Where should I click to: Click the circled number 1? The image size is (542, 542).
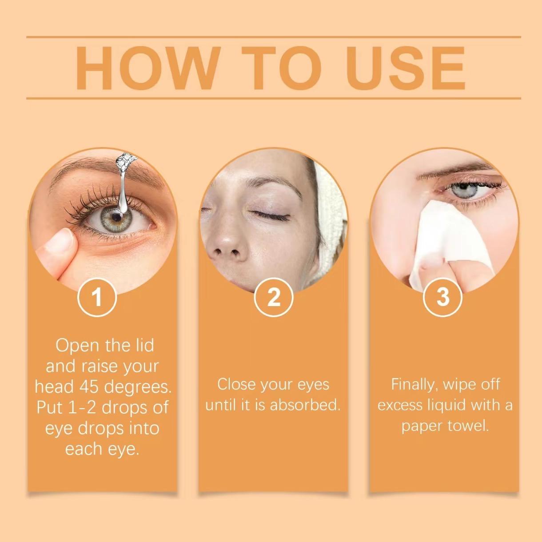pos(97,297)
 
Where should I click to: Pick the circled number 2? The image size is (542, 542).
pos(274,297)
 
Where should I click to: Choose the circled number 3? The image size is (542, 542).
pos(442,297)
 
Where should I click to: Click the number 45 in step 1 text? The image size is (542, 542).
pos(89,387)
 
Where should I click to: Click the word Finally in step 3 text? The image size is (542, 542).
pos(413,385)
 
